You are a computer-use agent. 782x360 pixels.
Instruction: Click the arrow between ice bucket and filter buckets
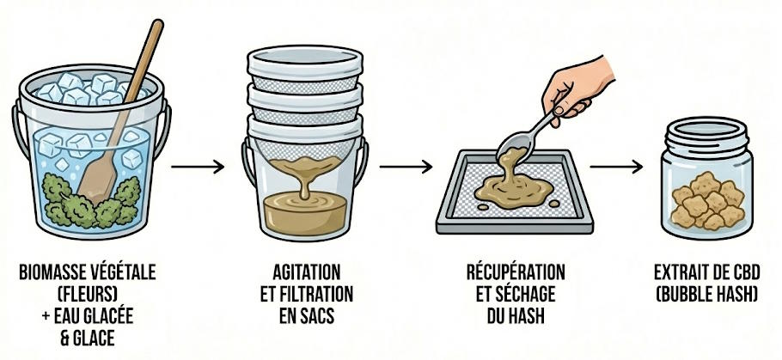point(199,166)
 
